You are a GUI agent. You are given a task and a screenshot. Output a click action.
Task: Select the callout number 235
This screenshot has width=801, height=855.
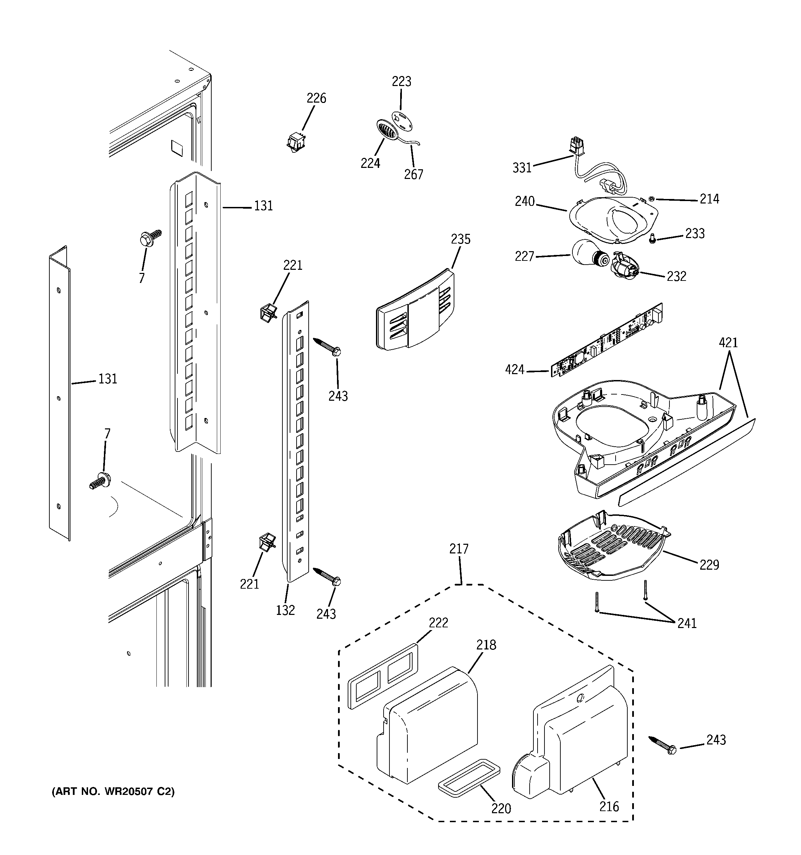[461, 239]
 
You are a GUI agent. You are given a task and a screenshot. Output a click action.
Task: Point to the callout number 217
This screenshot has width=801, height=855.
[459, 549]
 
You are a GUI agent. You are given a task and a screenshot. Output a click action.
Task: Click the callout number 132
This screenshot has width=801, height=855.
[285, 610]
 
